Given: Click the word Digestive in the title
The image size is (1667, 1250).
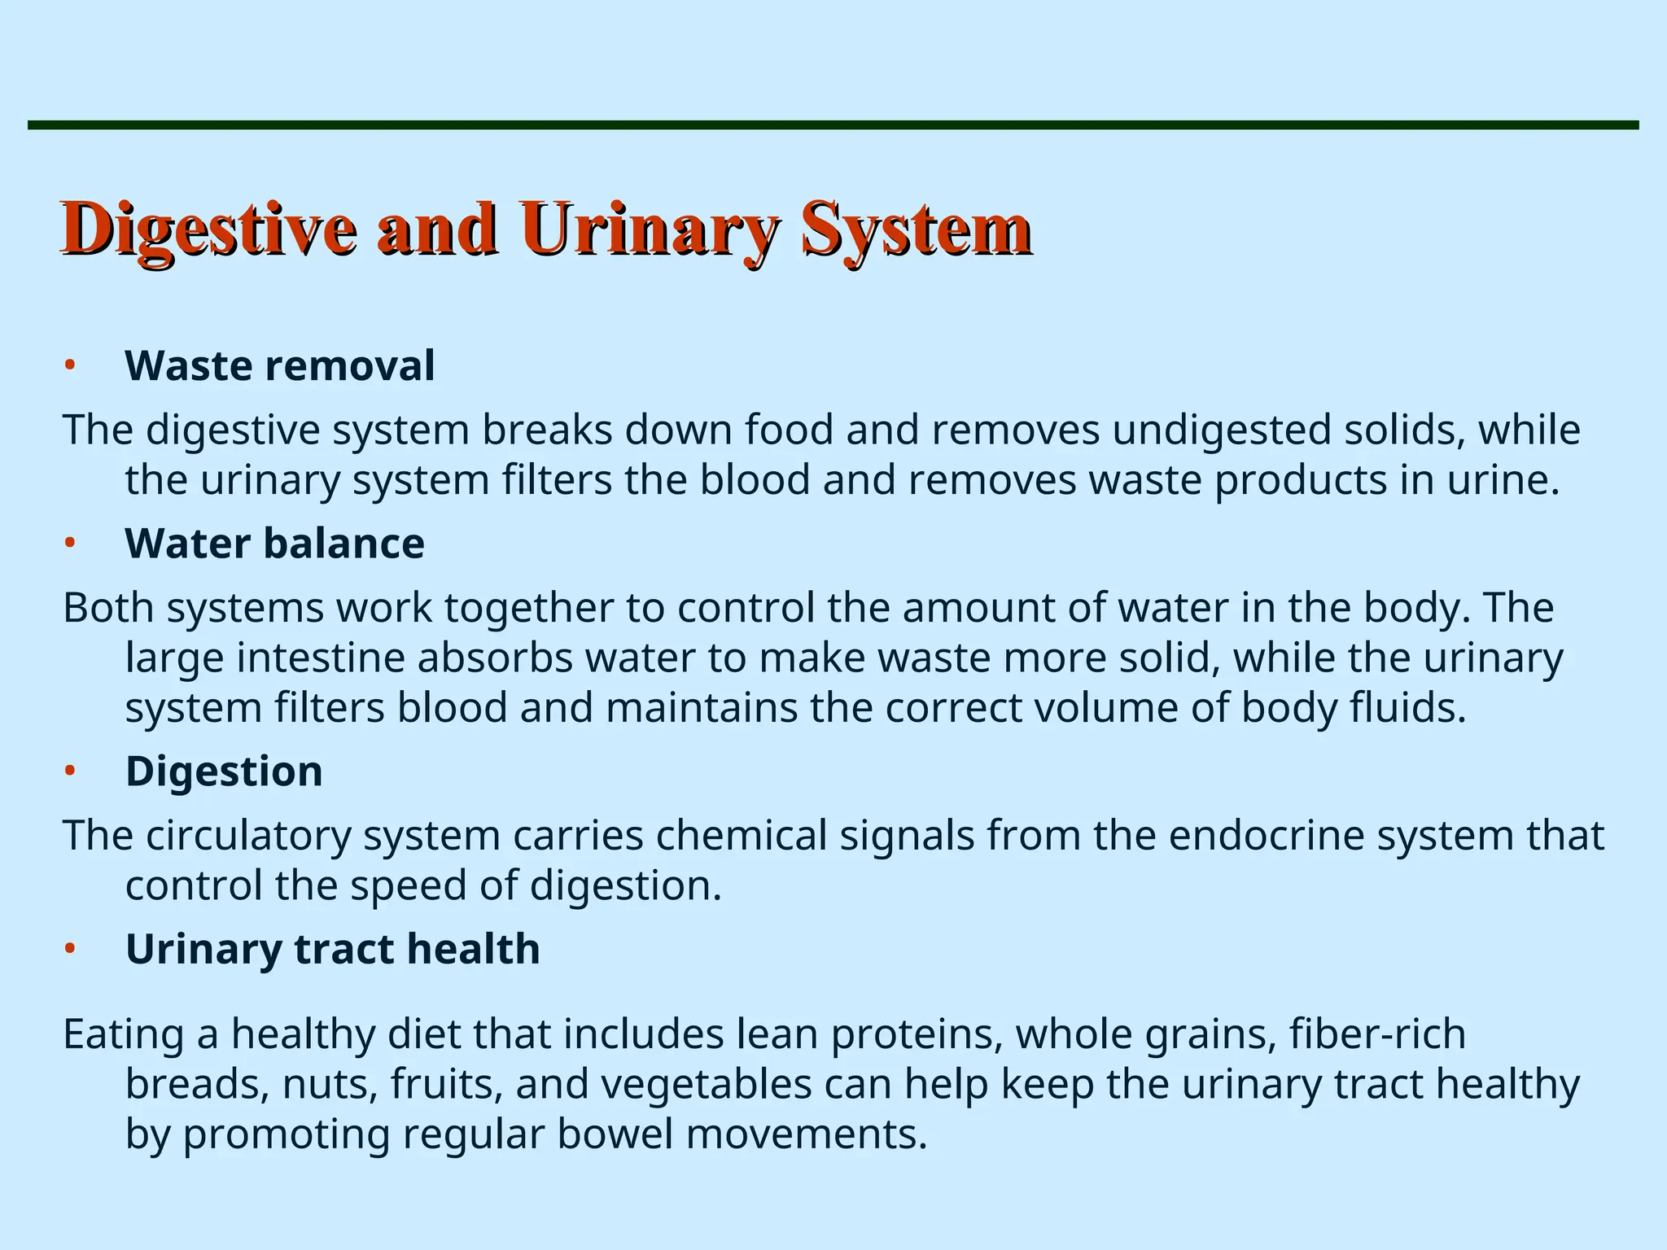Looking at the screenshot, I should point(208,230).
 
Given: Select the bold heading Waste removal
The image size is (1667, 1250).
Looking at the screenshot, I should point(279,365).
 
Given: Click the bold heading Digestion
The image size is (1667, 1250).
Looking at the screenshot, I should point(224,771).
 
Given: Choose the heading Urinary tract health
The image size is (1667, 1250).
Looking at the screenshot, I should point(332,949).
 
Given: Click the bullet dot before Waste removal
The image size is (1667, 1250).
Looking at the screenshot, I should point(70,365).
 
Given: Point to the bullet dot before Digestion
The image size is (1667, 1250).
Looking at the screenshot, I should point(70,771).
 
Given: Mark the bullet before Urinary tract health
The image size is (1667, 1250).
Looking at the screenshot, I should point(70,949).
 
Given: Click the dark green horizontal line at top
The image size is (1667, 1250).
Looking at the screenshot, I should point(833,125).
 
